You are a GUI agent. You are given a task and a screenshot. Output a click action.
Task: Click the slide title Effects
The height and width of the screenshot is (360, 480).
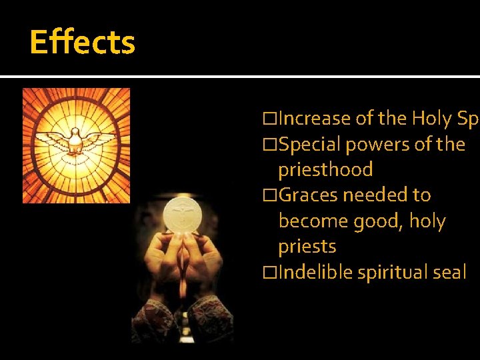[82, 42]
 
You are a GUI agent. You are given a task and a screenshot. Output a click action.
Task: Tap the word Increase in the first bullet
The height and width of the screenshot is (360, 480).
[314, 119]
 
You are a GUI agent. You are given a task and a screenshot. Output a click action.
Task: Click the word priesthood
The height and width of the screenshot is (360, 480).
[325, 170]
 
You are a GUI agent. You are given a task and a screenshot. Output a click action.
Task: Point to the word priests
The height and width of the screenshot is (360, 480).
[307, 247]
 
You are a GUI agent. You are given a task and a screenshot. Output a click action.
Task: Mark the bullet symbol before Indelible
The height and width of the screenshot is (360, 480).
[269, 273]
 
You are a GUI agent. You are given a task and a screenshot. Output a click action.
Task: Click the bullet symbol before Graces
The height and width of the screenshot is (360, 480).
[269, 195]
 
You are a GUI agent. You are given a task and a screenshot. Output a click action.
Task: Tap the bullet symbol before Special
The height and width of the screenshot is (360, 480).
[269, 145]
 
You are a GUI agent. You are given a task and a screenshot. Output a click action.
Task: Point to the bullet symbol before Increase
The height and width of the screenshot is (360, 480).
[269, 119]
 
